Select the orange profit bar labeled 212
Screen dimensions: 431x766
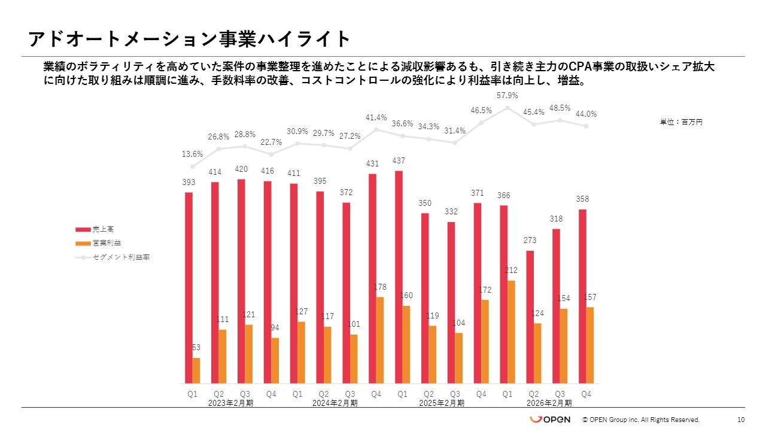point(511,332)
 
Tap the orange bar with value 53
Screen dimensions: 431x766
point(196,371)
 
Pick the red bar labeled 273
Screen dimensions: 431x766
point(530,317)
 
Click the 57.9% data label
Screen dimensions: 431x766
point(507,96)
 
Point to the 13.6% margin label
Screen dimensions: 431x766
point(193,154)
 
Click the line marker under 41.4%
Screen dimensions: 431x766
point(376,129)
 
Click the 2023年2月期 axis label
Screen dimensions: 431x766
point(231,403)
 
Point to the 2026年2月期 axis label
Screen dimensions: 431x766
point(549,403)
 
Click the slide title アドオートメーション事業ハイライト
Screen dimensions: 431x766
point(189,39)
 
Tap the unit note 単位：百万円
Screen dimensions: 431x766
point(681,122)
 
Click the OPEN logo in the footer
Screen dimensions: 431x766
point(551,420)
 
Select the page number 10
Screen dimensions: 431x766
point(741,420)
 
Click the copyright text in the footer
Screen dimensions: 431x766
point(641,420)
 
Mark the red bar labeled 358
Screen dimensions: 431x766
point(582,296)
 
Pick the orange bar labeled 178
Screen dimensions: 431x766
point(380,340)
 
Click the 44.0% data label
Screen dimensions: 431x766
point(586,114)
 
